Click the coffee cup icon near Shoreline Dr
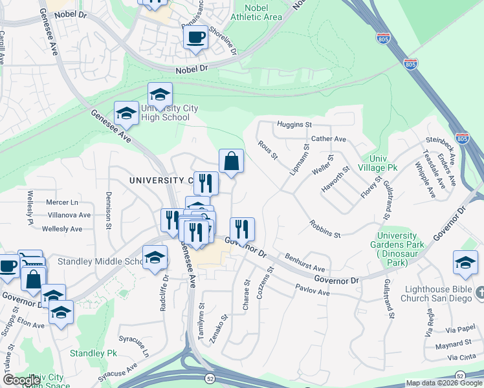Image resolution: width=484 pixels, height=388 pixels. coord(196,36)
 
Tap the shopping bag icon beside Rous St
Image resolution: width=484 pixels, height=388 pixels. coord(231,162)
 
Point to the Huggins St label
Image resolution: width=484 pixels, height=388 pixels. coord(294,124)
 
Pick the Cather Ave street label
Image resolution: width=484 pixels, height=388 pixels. coord(329,139)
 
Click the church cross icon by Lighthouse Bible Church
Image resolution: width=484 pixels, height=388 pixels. coord(478,294)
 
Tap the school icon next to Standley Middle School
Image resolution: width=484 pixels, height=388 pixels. coord(155,259)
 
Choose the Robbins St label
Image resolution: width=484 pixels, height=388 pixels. coord(325,228)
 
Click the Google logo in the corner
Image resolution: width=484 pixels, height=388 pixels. coord(22,380)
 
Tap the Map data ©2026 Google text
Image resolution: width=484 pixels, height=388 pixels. coord(444,383)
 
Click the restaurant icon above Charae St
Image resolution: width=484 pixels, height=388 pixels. coord(242,229)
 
